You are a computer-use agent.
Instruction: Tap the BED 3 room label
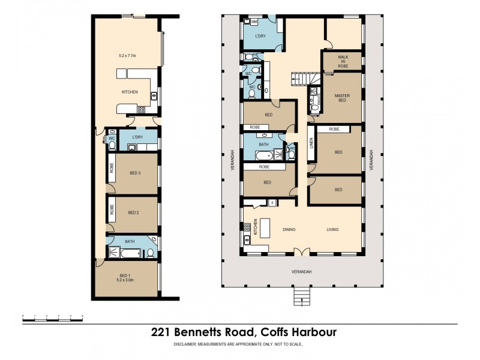pyautogui.click(x=134, y=173)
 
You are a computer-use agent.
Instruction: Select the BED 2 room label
pyautogui.click(x=133, y=212)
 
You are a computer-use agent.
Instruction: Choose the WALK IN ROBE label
pyautogui.click(x=343, y=61)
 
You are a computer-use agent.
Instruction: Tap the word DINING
pyautogui.click(x=289, y=229)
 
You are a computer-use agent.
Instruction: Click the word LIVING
pyautogui.click(x=333, y=229)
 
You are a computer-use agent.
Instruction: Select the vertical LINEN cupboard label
pyautogui.click(x=311, y=143)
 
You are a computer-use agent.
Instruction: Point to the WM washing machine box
pyautogui.click(x=254, y=22)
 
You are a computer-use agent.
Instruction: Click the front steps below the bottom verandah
pyautogui.click(x=302, y=296)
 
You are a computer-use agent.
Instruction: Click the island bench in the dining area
pyautogui.click(x=266, y=227)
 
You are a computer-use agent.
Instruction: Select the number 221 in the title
pyautogui.click(x=159, y=332)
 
